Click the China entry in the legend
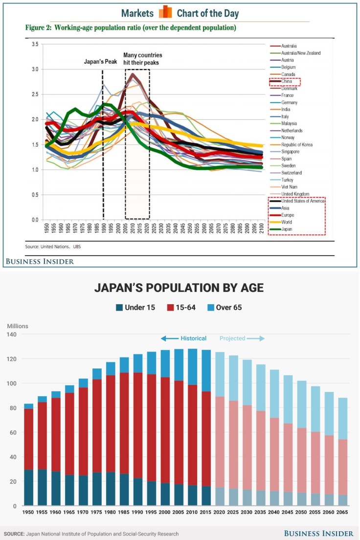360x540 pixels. (287, 81)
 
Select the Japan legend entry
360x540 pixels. (287, 229)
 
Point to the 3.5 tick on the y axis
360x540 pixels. (34, 45)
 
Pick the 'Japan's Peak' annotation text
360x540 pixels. (102, 62)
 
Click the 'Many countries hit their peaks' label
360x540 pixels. (142, 59)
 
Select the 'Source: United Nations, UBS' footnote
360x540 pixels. (53, 247)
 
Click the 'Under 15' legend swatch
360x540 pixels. (119, 308)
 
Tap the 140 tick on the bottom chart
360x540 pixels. (13, 335)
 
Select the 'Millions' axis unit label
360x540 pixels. (18, 326)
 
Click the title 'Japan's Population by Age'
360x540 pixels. (179, 288)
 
